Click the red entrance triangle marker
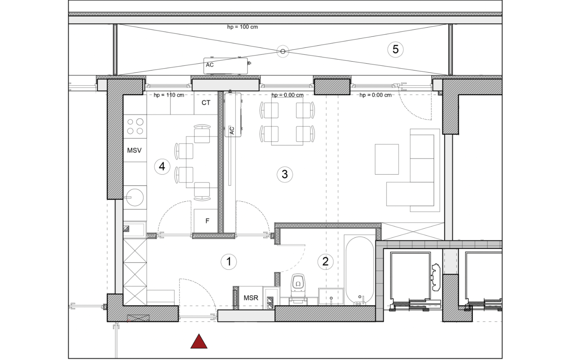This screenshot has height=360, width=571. (x=199, y=342)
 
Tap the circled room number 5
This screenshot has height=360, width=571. (x=395, y=50)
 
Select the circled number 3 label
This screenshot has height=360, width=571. (x=285, y=175)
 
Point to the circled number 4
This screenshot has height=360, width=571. (x=162, y=167)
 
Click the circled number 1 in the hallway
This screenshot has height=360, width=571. (x=229, y=262)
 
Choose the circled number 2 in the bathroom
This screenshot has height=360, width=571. (x=326, y=262)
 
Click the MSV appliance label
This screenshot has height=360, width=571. (x=134, y=150)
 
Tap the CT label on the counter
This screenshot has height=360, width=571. (x=206, y=103)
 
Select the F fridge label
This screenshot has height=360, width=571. (x=207, y=221)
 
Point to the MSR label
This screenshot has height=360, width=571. (x=251, y=298)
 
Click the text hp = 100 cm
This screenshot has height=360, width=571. (x=242, y=27)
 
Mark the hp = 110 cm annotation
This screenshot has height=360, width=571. (x=169, y=95)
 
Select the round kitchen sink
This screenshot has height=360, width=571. (x=135, y=197)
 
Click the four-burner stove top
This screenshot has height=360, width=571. (x=135, y=126)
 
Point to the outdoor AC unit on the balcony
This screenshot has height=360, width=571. (x=225, y=66)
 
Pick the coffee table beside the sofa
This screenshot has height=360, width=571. (x=387, y=159)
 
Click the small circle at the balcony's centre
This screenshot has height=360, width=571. (x=283, y=51)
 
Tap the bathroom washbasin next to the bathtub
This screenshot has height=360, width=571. (x=331, y=297)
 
